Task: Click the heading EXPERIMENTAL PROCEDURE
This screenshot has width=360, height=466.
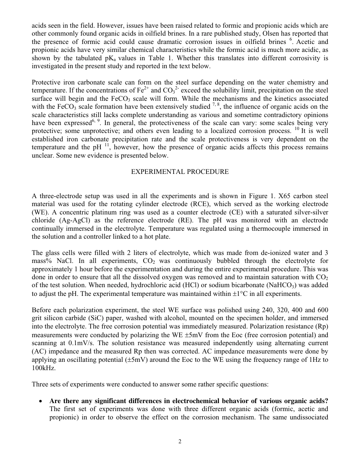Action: pyautogui.click(x=180, y=172)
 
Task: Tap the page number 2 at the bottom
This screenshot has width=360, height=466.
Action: pyautogui.click(x=180, y=441)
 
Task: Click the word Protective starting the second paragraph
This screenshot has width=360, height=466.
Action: pyautogui.click(x=47, y=82)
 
